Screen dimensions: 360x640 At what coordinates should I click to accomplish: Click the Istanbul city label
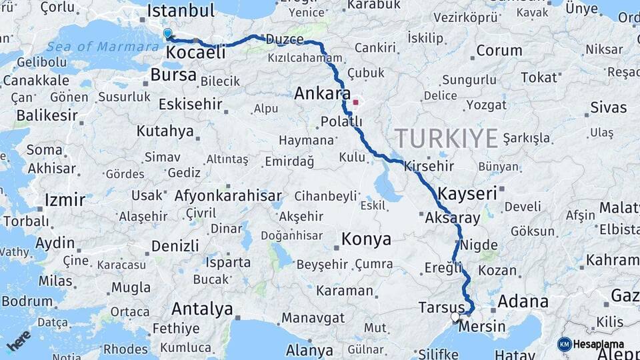[180, 11]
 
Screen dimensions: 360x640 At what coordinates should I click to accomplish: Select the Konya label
[366, 239]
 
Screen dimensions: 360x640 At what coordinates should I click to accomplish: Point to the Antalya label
[202, 309]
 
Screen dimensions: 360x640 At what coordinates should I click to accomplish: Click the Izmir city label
[65, 199]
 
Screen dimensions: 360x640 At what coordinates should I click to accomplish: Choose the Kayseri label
[468, 194]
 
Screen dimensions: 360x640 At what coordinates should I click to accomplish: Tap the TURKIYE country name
[447, 139]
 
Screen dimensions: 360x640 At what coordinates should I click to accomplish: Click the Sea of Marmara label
[94, 47]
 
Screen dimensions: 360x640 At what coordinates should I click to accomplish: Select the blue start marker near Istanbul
[167, 33]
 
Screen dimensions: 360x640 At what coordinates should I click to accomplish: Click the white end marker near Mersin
[456, 317]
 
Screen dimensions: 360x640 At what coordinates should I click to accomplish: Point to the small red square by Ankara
[356, 103]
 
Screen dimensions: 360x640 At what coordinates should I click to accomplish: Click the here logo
[19, 340]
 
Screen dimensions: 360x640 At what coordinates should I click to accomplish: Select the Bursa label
[173, 75]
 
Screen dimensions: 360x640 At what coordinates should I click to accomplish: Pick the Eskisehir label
[191, 105]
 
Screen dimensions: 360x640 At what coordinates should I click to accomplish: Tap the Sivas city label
[608, 107]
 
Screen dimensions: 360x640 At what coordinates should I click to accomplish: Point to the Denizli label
[175, 245]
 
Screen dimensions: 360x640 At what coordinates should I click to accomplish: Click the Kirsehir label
[428, 166]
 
